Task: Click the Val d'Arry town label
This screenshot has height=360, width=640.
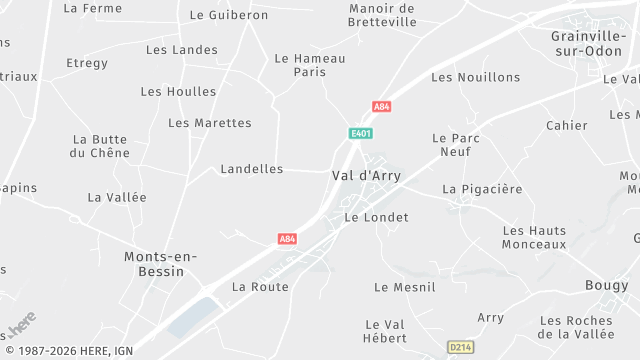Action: [x=365, y=175]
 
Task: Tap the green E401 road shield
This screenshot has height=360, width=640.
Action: [x=361, y=133]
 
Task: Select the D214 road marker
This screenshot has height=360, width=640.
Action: [x=460, y=347]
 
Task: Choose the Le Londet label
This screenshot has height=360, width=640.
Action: [x=376, y=217]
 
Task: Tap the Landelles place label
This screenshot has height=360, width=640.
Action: [x=251, y=169]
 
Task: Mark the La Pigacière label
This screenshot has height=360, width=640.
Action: [x=482, y=189]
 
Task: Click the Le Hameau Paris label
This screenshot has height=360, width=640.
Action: [x=310, y=65]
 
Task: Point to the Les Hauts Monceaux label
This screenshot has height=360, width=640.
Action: [x=534, y=237]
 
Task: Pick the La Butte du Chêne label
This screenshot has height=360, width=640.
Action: [x=100, y=146]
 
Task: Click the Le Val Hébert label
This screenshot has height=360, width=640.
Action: [x=385, y=331]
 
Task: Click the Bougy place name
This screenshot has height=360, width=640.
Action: [x=607, y=286]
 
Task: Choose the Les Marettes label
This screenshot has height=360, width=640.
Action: [x=210, y=123]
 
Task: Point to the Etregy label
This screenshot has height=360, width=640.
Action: [x=87, y=63]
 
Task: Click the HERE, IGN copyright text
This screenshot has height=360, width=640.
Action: [x=68, y=351]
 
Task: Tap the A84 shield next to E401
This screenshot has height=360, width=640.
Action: [x=381, y=106]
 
